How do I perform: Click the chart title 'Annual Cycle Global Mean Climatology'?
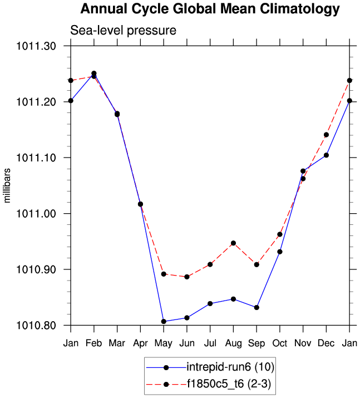[210, 9]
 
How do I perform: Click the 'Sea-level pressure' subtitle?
[123, 31]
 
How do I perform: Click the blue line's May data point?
[164, 321]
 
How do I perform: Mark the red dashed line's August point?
[234, 243]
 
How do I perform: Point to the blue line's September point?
[257, 307]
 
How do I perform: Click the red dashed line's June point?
[187, 277]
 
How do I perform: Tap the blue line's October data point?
[280, 252]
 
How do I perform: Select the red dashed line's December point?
[326, 135]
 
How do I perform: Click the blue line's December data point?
[326, 155]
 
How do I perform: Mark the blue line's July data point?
[210, 303]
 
